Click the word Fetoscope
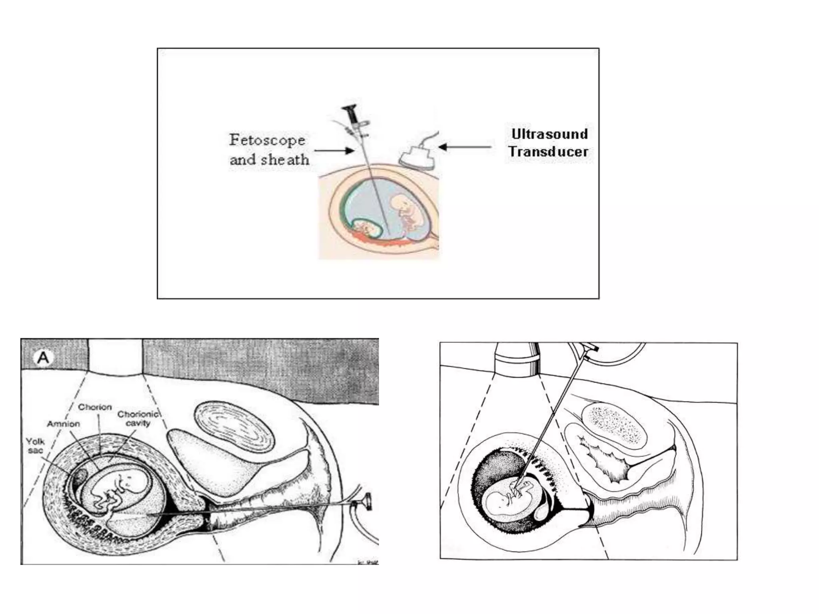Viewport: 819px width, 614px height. click(x=267, y=140)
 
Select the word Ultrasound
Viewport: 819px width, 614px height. click(x=549, y=134)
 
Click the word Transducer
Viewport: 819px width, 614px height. click(x=548, y=152)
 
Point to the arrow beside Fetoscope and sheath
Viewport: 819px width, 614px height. click(x=334, y=151)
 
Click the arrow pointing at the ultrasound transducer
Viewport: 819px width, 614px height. click(x=465, y=147)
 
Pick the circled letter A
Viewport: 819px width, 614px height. click(x=43, y=357)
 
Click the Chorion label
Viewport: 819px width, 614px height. click(x=95, y=407)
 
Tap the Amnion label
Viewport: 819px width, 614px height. click(x=63, y=424)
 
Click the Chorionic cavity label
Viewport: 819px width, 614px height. click(x=138, y=419)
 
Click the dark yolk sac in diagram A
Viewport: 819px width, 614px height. click(x=80, y=476)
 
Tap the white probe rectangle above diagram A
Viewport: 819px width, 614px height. click(x=115, y=356)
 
